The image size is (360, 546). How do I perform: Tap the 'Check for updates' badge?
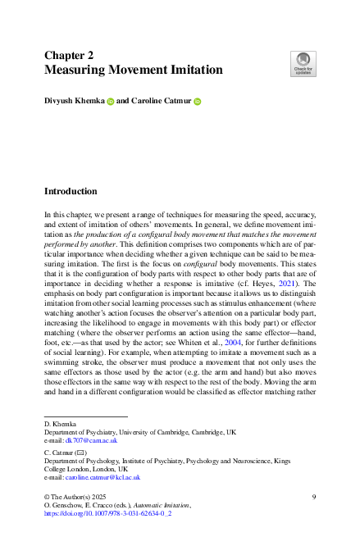[303, 62]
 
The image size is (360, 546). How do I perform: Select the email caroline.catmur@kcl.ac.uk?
[104, 476]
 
